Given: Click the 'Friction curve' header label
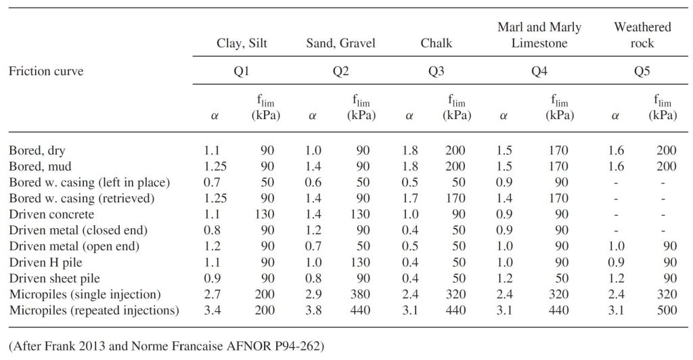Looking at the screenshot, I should pyautogui.click(x=46, y=70).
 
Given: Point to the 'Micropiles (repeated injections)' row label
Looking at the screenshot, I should pyautogui.click(x=93, y=311).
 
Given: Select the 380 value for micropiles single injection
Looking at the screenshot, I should pyautogui.click(x=361, y=294).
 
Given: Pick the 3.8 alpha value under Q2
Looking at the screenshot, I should pyautogui.click(x=313, y=311).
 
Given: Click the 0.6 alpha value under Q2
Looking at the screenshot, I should pyautogui.click(x=313, y=181).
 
